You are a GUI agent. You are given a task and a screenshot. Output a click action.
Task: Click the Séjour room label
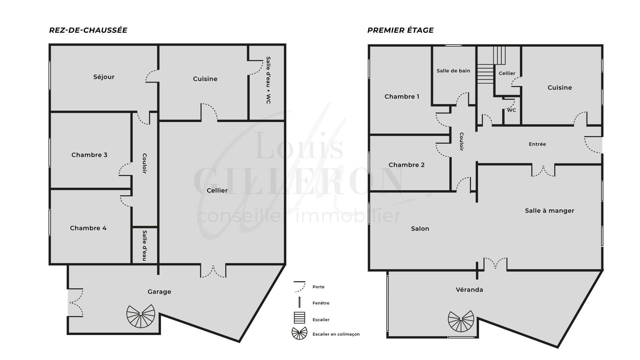tap(104, 77)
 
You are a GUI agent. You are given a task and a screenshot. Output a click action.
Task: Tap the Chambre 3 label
tap(89, 155)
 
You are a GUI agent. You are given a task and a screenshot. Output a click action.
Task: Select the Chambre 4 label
tap(88, 228)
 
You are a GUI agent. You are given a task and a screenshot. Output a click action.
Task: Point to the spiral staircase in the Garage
tap(141, 316)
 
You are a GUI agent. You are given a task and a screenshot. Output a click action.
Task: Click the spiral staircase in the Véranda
tap(461, 321)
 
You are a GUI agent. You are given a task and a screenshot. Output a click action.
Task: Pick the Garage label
tap(159, 292)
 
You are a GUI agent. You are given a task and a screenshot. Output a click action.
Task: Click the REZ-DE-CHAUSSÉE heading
tap(88, 30)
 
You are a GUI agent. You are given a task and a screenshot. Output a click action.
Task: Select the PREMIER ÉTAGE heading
tap(400, 30)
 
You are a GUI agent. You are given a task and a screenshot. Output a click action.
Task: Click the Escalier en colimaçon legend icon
tap(299, 333)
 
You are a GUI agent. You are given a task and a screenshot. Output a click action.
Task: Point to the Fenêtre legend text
tap(321, 303)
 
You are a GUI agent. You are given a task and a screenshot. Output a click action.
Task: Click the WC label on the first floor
tap(512, 110)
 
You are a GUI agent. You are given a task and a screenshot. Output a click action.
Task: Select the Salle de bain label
tap(453, 71)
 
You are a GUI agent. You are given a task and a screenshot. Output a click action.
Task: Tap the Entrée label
tap(537, 144)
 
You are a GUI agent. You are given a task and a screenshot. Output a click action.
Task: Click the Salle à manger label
tap(550, 211)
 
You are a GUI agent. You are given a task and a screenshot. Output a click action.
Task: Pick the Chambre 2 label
tap(407, 165)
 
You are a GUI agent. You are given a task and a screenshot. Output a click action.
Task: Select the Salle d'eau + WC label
tap(268, 80)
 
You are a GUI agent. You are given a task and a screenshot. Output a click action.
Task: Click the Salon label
tap(420, 229)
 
